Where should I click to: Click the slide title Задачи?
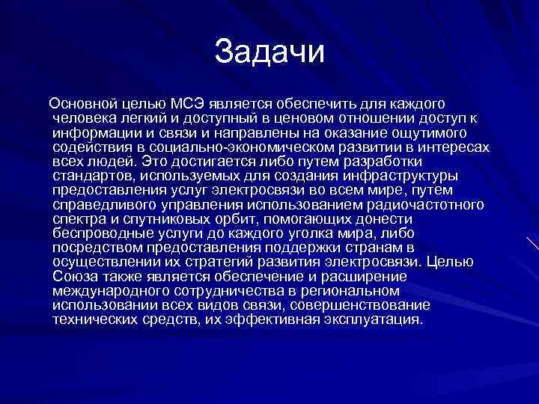(x=269, y=52)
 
